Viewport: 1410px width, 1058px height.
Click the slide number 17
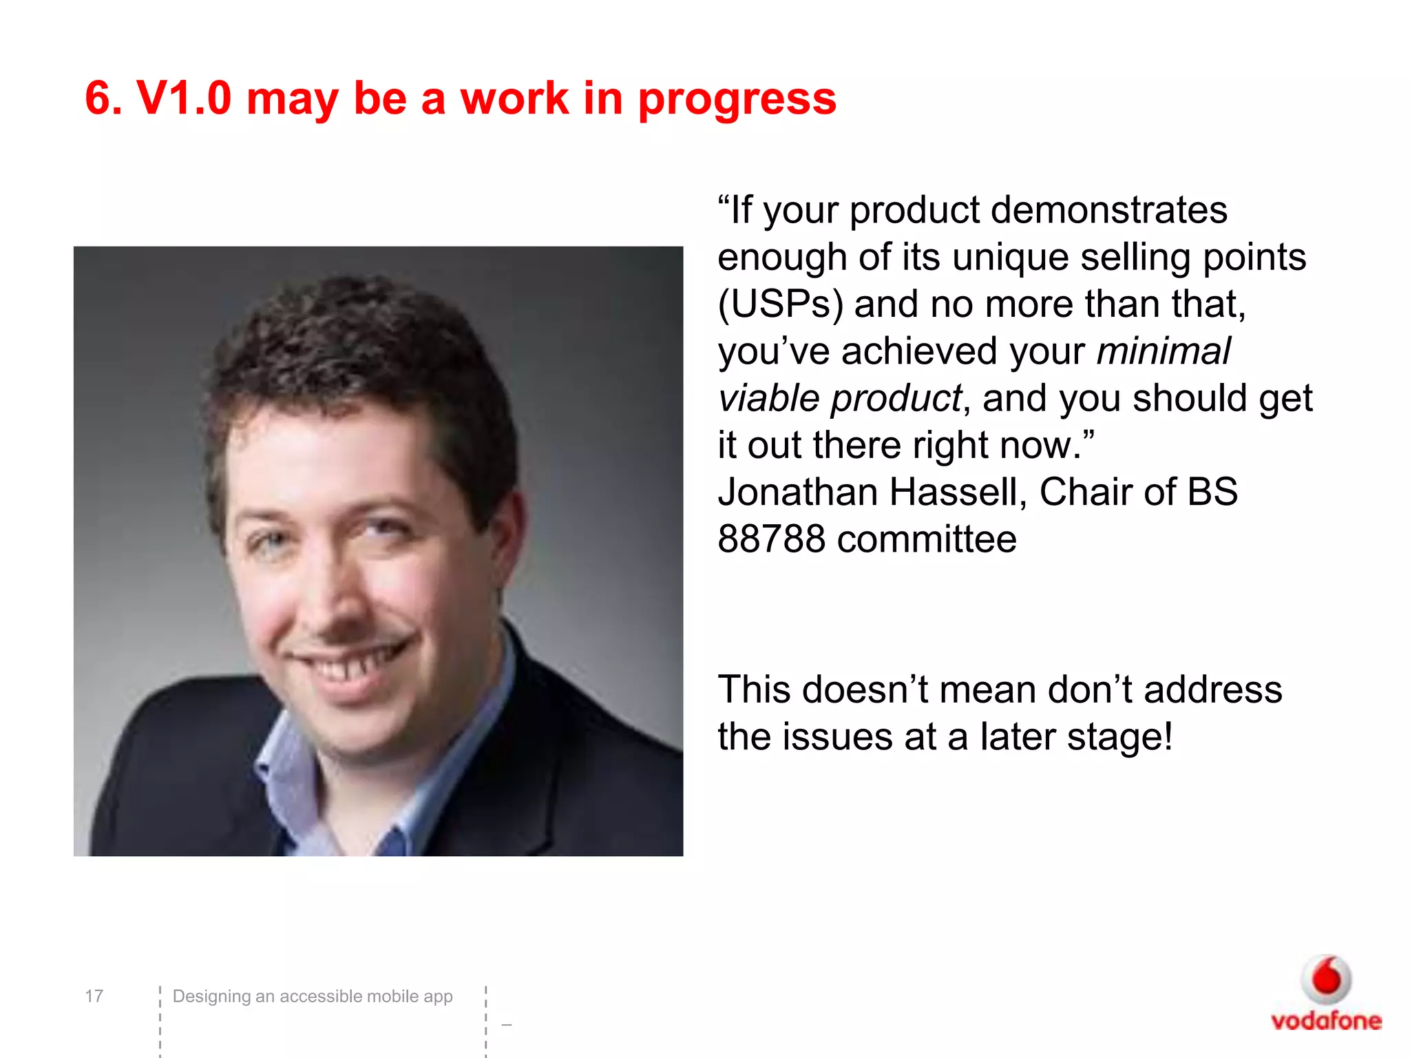(94, 996)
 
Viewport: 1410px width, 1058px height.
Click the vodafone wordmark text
(1326, 1021)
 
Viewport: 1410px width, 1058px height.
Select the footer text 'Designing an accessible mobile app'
(313, 996)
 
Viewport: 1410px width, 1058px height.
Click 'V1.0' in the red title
(184, 98)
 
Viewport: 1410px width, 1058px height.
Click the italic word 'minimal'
(1163, 351)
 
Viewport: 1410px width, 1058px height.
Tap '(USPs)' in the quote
(780, 304)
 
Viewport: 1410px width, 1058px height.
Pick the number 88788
(771, 539)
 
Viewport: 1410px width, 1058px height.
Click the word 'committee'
(927, 539)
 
